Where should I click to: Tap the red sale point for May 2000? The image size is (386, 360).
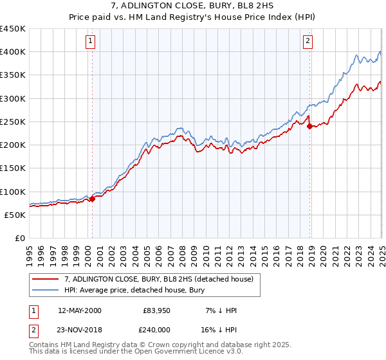[x=92, y=199]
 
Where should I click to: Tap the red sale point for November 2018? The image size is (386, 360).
[x=310, y=126]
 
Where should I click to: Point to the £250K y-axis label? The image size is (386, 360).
[x=13, y=122]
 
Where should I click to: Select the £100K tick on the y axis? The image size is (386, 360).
[x=13, y=192]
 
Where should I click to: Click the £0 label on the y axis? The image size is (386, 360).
[x=20, y=238]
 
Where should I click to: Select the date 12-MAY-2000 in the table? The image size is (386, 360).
[x=80, y=310]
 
